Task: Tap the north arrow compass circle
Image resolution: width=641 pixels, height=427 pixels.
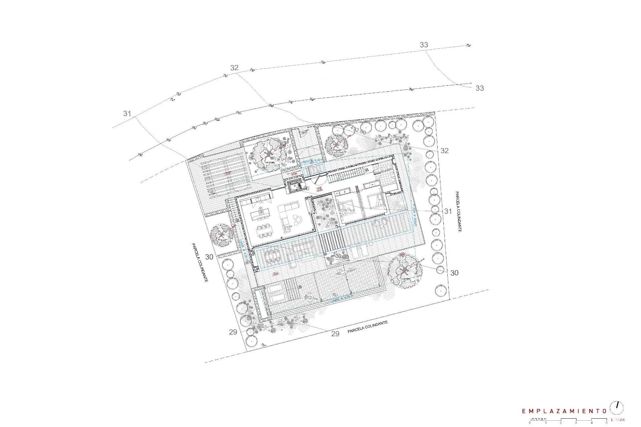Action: click(x=617, y=408)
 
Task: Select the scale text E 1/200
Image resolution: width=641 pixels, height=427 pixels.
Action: click(x=618, y=420)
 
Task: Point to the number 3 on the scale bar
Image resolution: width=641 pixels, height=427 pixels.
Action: click(x=576, y=423)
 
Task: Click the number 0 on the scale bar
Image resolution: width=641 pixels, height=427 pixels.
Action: click(x=530, y=423)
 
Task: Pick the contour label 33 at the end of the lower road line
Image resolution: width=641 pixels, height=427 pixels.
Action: click(x=479, y=88)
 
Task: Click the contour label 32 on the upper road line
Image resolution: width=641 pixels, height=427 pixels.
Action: click(x=234, y=68)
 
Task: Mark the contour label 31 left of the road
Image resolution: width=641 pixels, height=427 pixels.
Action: click(x=127, y=113)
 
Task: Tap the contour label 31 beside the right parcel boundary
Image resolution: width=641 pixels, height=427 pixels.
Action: click(x=448, y=211)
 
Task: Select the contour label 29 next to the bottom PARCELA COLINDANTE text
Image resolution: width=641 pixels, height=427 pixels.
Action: click(x=335, y=334)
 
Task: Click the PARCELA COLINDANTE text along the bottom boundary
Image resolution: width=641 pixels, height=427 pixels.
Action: click(x=368, y=327)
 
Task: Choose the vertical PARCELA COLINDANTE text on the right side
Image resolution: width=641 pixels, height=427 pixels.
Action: click(x=458, y=211)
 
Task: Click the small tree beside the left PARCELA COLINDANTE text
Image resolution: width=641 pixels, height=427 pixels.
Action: click(x=222, y=235)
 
